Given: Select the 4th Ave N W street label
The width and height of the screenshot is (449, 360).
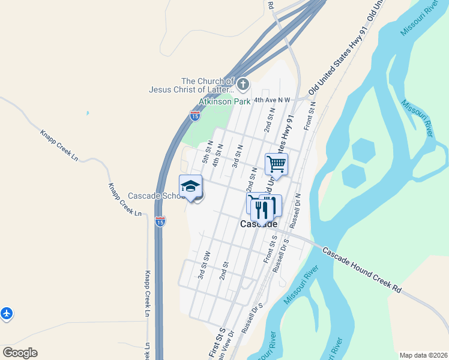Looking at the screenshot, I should tap(272, 100).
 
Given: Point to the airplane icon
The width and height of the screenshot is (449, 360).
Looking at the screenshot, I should tap(6, 313).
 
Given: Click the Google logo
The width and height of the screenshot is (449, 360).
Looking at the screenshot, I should tap(20, 353).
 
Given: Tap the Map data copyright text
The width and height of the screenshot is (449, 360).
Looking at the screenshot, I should tap(423, 355).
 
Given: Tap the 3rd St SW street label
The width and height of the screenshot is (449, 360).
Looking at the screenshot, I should tap(204, 265).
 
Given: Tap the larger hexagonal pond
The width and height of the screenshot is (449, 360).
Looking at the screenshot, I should tap(361, 151).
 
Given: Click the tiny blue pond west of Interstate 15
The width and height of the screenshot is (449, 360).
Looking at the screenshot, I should tap(88, 113).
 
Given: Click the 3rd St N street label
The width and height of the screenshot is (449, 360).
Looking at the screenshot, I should tap(238, 155).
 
